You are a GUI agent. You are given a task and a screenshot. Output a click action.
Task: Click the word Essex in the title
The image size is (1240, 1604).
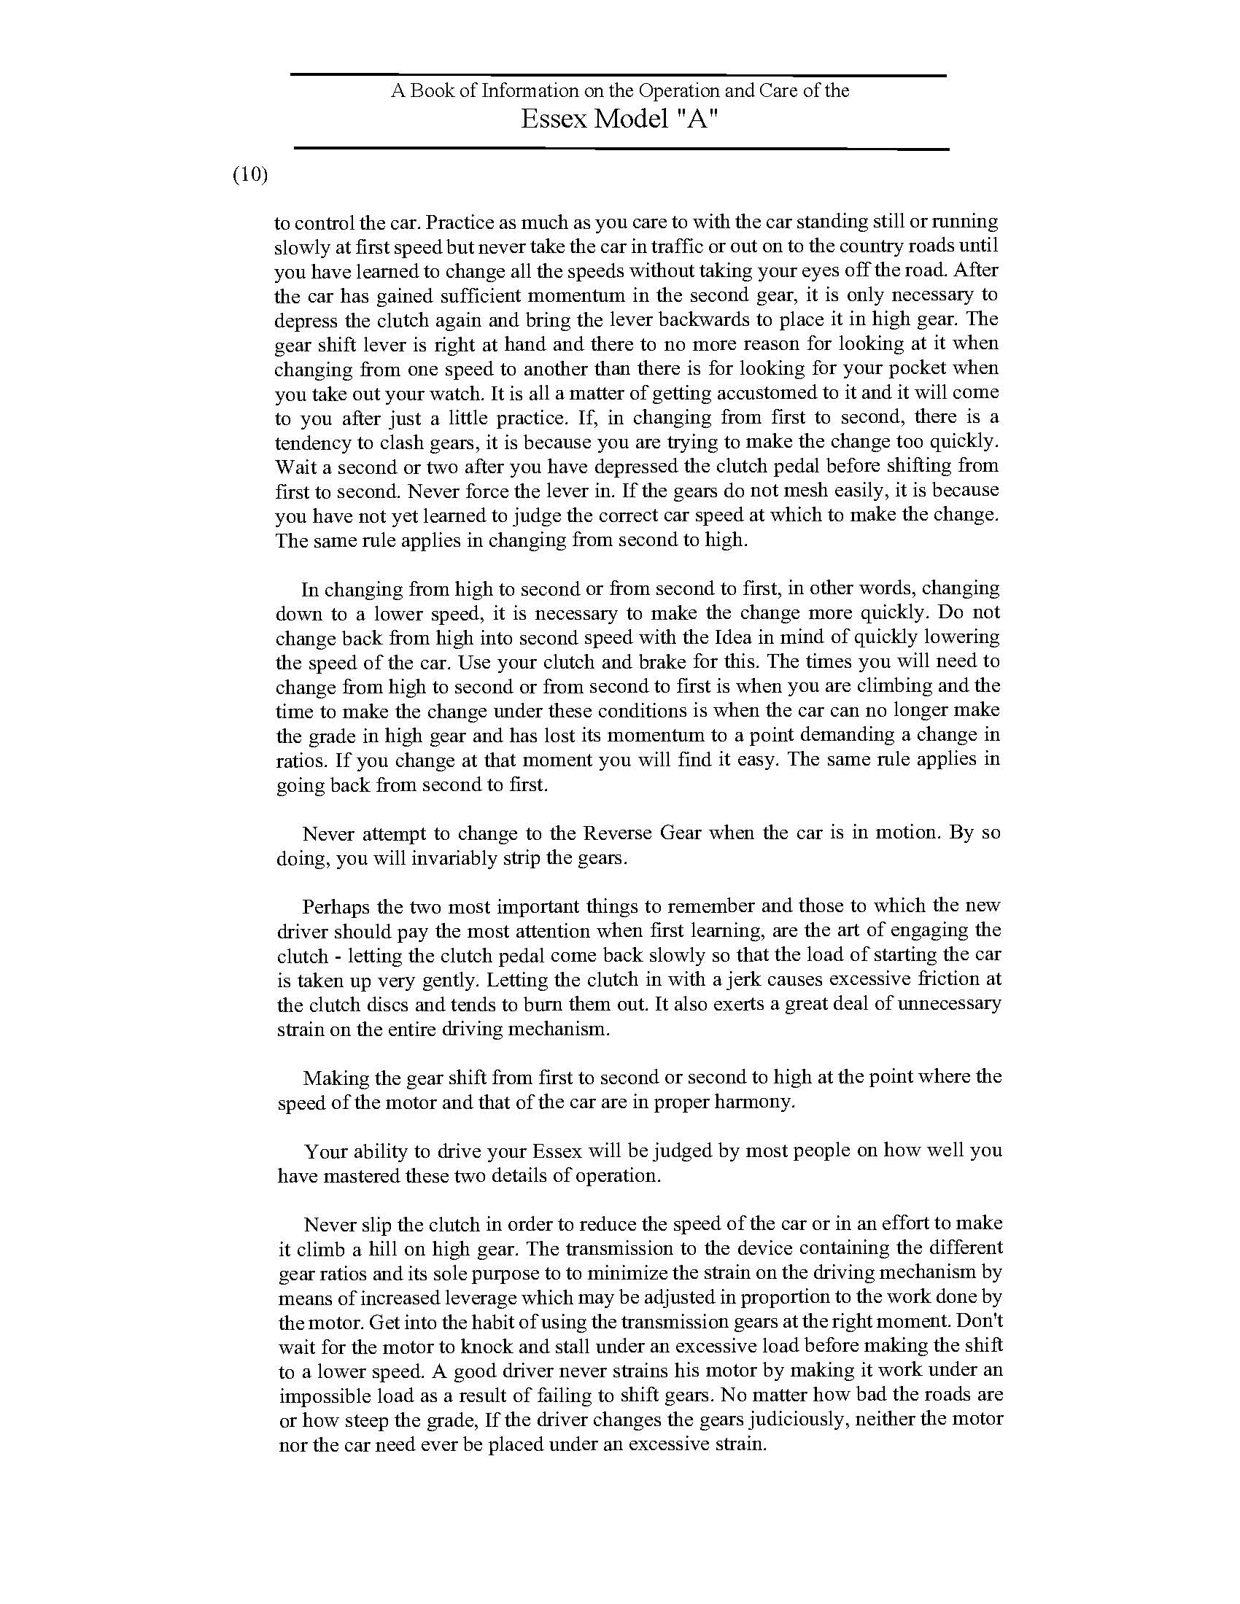(554, 119)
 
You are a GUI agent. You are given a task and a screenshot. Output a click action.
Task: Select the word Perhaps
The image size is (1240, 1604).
(333, 906)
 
